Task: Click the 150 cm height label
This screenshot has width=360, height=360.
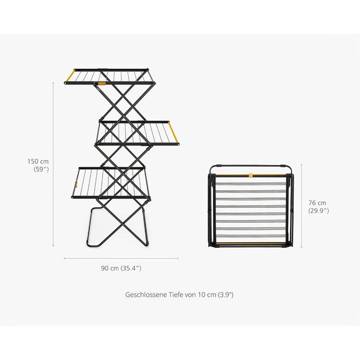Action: point(38,161)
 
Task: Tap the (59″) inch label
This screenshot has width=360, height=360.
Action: point(41,169)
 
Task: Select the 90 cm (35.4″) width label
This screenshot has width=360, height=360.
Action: point(121,268)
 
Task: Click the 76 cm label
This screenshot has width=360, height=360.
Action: point(317,203)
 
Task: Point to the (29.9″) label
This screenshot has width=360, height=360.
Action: point(318,211)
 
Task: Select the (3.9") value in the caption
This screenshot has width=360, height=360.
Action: point(225,295)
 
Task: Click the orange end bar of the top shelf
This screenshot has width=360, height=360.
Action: point(70,76)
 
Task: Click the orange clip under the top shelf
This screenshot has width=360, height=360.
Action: point(102,84)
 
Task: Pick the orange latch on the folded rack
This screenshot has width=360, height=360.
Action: point(251,175)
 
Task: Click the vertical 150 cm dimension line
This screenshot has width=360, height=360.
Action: point(53,164)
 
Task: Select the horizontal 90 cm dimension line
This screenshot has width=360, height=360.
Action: point(121,259)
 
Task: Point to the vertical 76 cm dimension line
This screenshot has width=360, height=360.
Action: point(302,206)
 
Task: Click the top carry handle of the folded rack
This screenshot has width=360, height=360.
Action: point(251,166)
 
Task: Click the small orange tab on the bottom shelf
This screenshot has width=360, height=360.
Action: point(76,184)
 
